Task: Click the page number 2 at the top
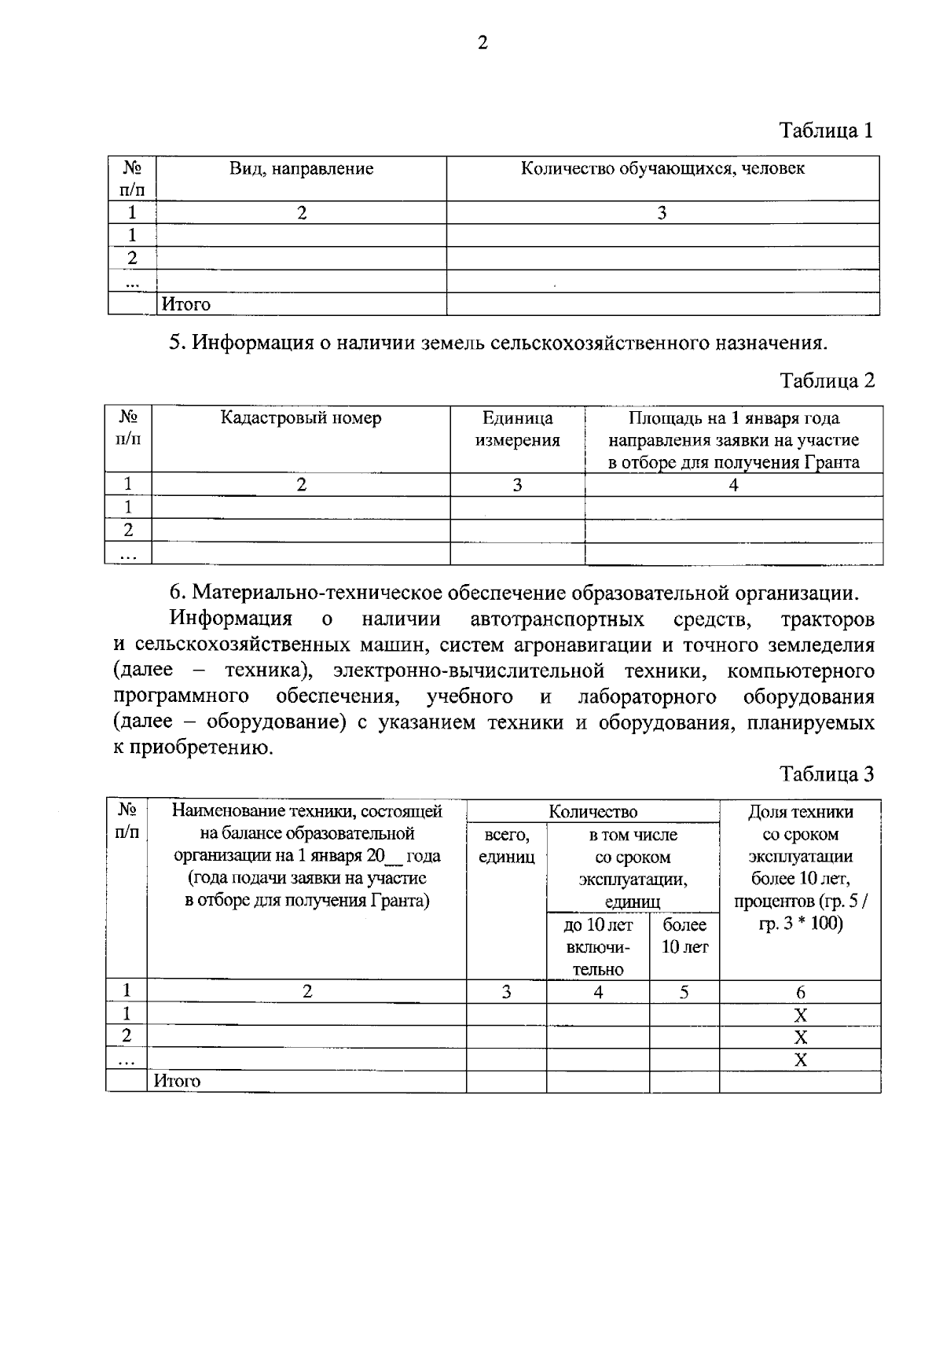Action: pyautogui.click(x=483, y=44)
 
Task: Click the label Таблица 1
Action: pyautogui.click(x=826, y=130)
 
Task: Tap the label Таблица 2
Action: pyautogui.click(x=827, y=380)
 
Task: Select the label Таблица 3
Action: pyautogui.click(x=827, y=774)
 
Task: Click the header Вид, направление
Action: pyautogui.click(x=301, y=169)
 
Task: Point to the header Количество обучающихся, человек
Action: pyautogui.click(x=662, y=168)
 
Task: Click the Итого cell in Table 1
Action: pyautogui.click(x=186, y=304)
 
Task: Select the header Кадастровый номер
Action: pyautogui.click(x=300, y=418)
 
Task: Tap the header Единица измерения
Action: pyautogui.click(x=517, y=429)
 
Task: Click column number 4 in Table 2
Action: pyautogui.click(x=733, y=485)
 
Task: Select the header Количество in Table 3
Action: pyautogui.click(x=593, y=812)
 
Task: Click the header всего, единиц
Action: pyautogui.click(x=506, y=846)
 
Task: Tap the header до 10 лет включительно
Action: pyautogui.click(x=598, y=946)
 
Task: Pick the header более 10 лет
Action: pyautogui.click(x=684, y=935)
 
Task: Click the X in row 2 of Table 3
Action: pyautogui.click(x=800, y=1037)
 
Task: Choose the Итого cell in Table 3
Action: pyautogui.click(x=178, y=1082)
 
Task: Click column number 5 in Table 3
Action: pyautogui.click(x=684, y=992)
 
